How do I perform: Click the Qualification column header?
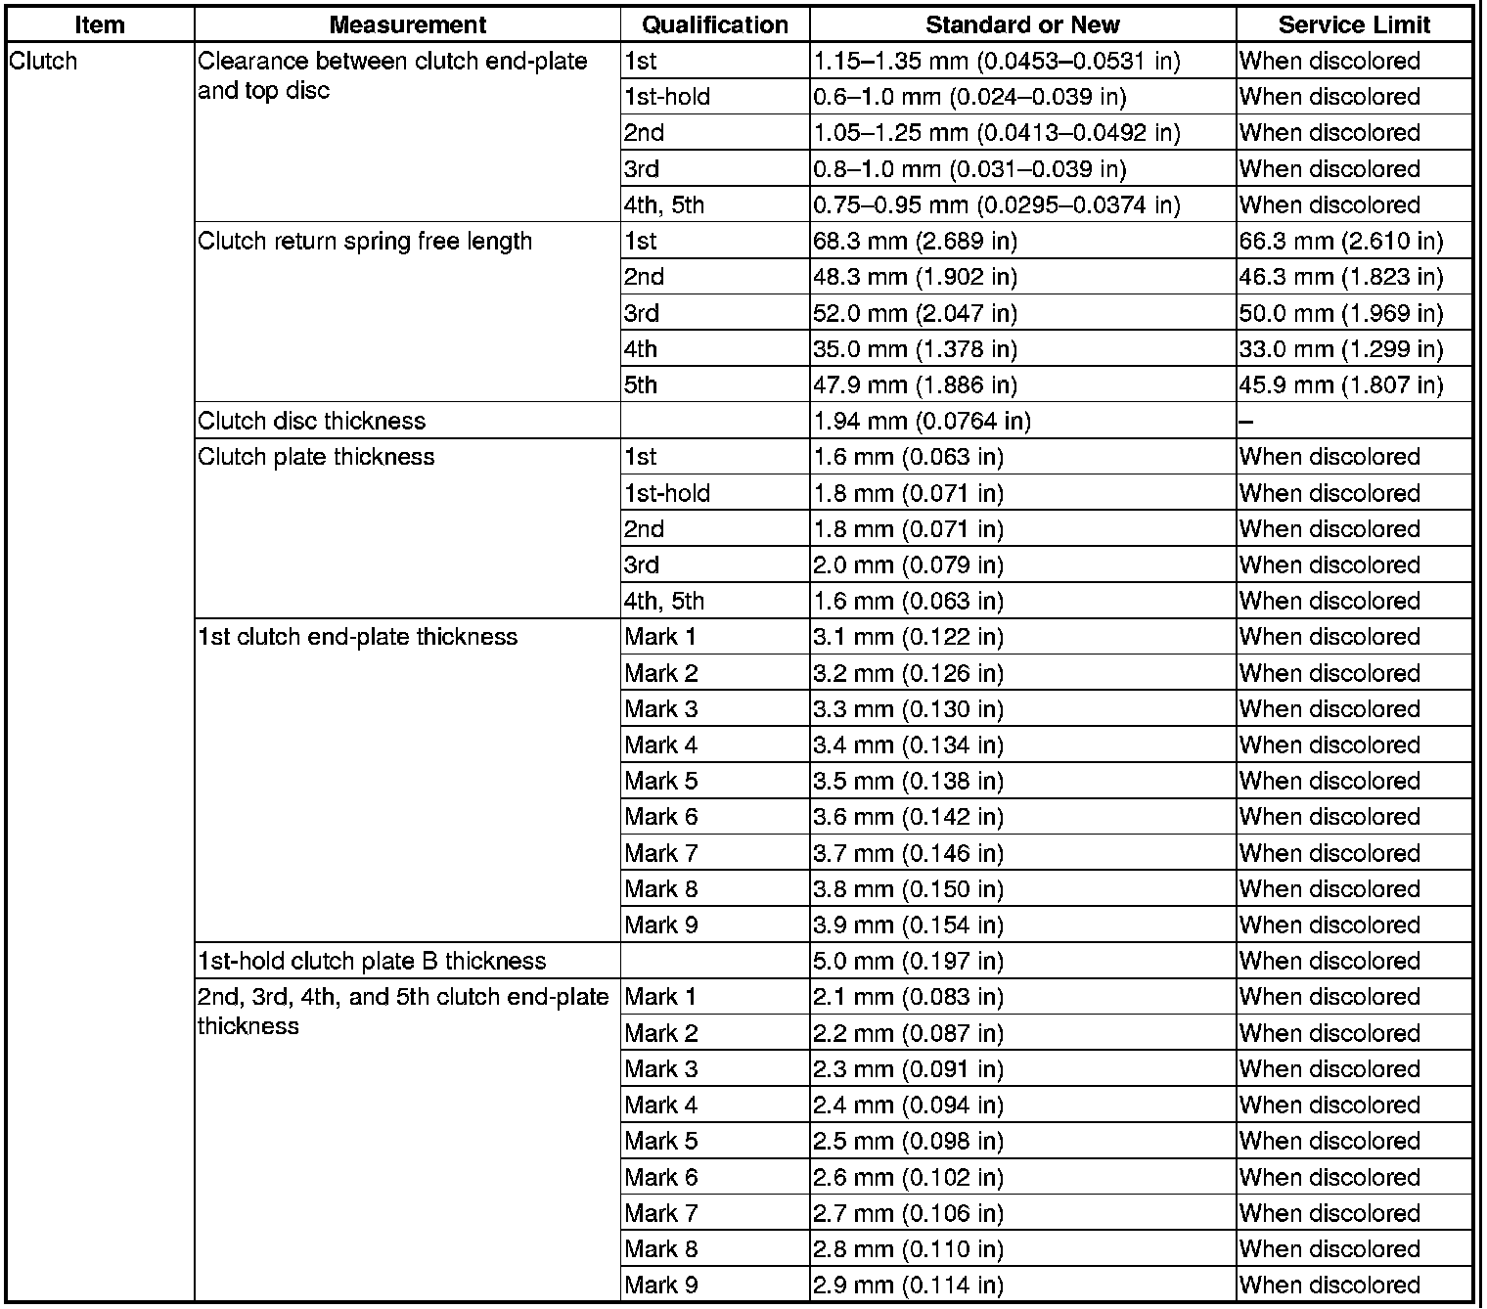[x=715, y=24]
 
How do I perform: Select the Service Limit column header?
[x=1354, y=24]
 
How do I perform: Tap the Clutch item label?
[x=43, y=61]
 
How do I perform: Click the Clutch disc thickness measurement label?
[x=312, y=421]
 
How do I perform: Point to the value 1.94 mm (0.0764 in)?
[x=922, y=421]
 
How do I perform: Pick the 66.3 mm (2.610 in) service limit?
[x=1341, y=241]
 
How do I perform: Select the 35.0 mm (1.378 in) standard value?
[x=915, y=349]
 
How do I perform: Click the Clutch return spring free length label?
[x=365, y=241]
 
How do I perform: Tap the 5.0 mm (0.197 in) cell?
[x=908, y=961]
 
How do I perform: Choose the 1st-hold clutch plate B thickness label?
[x=372, y=961]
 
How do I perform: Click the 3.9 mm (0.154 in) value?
[x=908, y=925]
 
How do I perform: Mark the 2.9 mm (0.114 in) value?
[x=908, y=1285]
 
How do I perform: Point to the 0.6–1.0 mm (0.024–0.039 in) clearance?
[x=969, y=97]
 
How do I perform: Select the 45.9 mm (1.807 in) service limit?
[x=1341, y=384]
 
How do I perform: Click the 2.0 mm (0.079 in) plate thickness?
[x=908, y=564]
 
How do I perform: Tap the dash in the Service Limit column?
[x=1245, y=422]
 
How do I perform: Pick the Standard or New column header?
[x=1022, y=24]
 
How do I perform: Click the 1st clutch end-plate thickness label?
[x=357, y=637]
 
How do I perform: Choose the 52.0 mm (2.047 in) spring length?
[x=915, y=313]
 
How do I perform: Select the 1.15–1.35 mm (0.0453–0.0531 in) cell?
[x=997, y=61]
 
